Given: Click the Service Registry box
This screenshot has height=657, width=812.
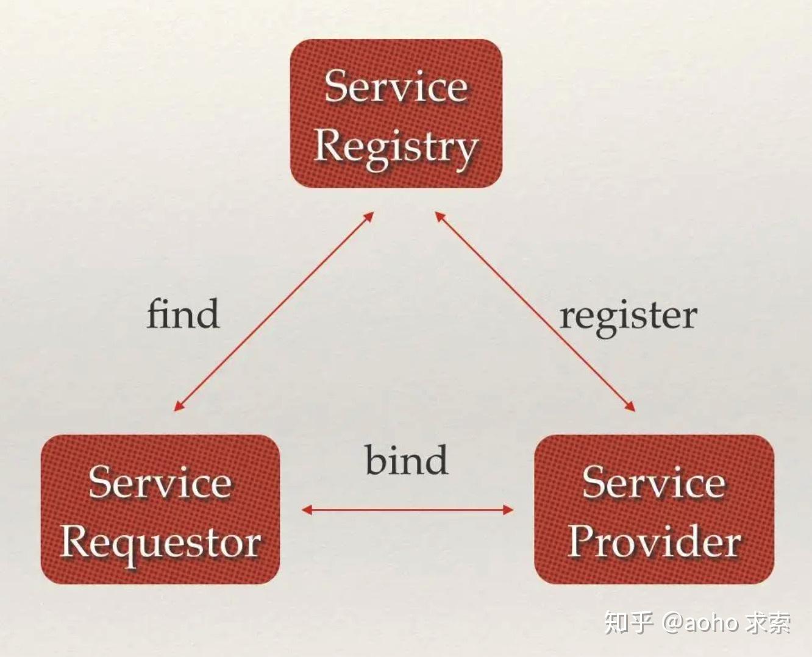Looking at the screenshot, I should click(x=396, y=113).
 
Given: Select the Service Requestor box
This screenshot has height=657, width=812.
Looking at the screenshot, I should click(x=160, y=509).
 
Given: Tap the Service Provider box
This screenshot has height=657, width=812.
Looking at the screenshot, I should click(x=654, y=509).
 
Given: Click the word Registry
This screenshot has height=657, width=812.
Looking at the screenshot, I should click(x=396, y=147).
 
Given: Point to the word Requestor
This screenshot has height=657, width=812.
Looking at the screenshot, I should click(x=161, y=542).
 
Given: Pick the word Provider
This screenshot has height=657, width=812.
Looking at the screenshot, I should click(x=654, y=541).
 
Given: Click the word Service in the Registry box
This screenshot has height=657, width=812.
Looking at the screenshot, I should click(x=396, y=86).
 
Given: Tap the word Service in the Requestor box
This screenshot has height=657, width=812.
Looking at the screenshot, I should click(x=160, y=482).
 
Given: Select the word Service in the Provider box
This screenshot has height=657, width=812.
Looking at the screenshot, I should click(x=654, y=482).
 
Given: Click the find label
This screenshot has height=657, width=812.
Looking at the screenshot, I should click(x=183, y=314).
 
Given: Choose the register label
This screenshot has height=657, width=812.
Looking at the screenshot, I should click(x=628, y=316).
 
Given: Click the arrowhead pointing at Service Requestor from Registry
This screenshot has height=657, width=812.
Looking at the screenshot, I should click(x=178, y=406).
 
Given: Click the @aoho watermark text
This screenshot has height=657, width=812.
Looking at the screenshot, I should click(x=701, y=623).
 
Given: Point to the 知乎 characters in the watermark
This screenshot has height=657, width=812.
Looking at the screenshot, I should click(x=629, y=622).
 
